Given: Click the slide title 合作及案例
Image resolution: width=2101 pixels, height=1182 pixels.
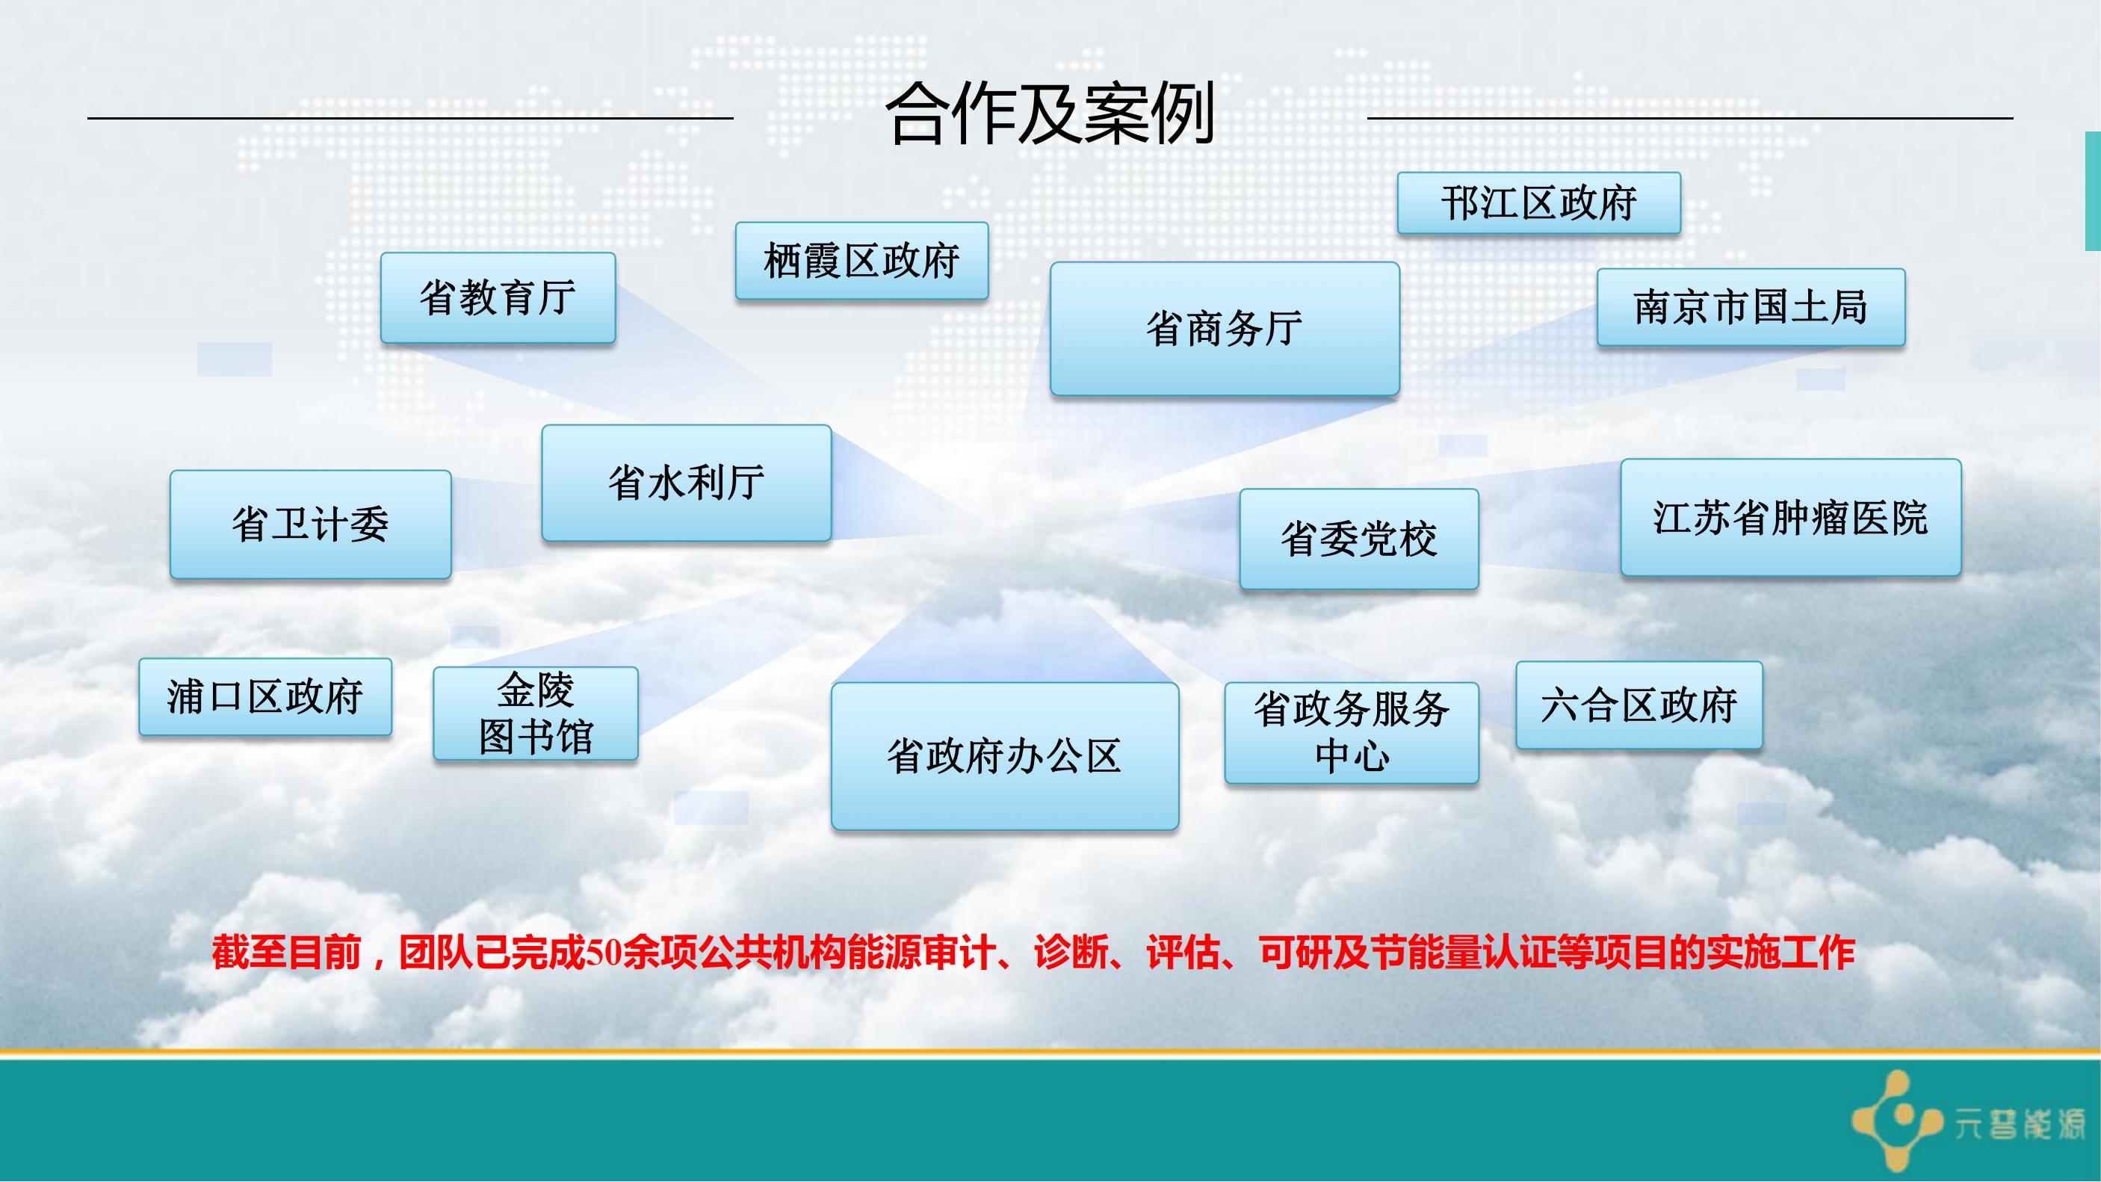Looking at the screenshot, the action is [x=1050, y=114].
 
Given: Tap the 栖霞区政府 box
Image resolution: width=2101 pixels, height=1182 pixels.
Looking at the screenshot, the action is [x=861, y=261].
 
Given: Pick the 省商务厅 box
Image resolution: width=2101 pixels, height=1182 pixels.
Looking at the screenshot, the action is [x=1225, y=329].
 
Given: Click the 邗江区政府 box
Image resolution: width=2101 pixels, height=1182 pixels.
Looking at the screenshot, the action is [x=1538, y=203].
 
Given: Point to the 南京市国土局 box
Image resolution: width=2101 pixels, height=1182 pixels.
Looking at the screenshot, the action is [x=1751, y=308].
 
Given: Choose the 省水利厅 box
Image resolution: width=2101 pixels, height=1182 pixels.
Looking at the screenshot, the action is [x=686, y=482].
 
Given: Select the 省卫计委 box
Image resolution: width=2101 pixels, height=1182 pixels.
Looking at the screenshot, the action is [x=310, y=524].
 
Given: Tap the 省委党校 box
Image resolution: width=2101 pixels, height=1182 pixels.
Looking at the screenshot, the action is [x=1359, y=539].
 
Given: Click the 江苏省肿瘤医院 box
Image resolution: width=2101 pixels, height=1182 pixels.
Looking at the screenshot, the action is [x=1790, y=517].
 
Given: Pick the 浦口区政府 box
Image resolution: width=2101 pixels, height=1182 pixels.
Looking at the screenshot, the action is [x=265, y=696].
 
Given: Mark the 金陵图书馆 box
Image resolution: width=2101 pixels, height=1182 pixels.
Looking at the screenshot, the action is [x=535, y=713].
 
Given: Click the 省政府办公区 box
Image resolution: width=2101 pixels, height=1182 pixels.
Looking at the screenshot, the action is [x=1005, y=756].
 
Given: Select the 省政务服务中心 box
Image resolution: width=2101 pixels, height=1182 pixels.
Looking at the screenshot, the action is [x=1352, y=732].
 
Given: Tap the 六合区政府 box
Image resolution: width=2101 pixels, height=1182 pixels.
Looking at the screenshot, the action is [x=1639, y=705].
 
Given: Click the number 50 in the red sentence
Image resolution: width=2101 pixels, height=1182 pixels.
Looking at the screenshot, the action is [x=604, y=953].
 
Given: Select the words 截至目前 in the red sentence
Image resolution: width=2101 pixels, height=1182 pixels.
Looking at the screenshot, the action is [x=286, y=953].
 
